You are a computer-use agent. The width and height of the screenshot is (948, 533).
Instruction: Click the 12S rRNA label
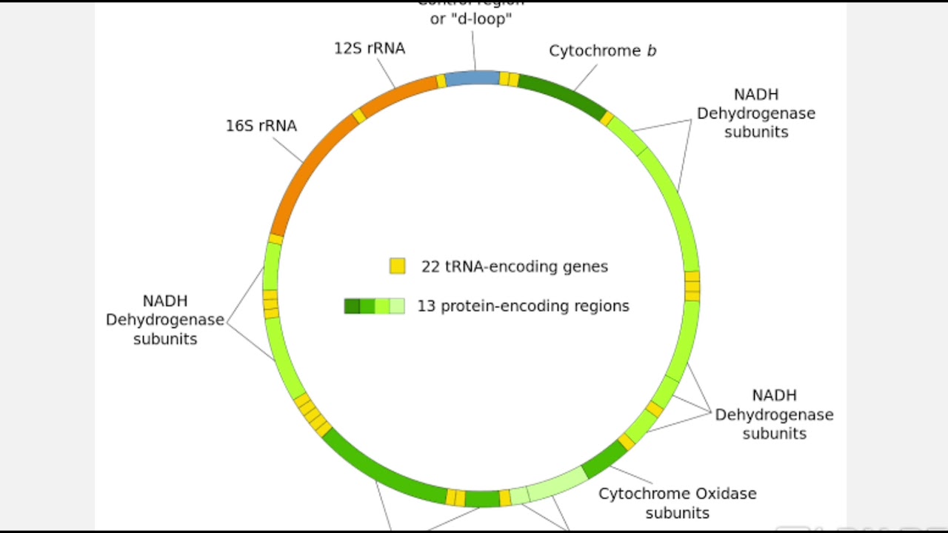[x=369, y=49]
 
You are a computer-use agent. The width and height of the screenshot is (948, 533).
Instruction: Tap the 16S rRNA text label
[x=261, y=126]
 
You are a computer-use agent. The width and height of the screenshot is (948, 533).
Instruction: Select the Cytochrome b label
[x=602, y=51]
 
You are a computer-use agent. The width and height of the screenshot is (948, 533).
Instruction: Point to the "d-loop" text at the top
[x=471, y=19]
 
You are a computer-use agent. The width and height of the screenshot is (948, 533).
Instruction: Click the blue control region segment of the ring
[x=472, y=78]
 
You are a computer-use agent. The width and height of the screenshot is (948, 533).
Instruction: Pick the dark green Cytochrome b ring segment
[x=563, y=96]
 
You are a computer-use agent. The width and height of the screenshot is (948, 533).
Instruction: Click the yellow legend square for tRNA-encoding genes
[x=398, y=266]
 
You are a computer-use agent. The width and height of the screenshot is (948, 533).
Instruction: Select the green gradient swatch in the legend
[x=374, y=306]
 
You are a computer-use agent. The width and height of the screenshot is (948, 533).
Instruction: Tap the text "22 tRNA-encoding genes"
[x=514, y=266]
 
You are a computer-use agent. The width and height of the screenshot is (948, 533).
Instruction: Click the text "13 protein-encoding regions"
[x=523, y=306]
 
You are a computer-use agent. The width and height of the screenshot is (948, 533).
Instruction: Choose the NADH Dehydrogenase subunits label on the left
[x=164, y=320]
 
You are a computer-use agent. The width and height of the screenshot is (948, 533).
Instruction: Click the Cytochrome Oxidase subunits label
[x=677, y=503]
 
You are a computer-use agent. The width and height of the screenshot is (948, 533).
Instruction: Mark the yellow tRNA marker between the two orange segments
[x=359, y=116]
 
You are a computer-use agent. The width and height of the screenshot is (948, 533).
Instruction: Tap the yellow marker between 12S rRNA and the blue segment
[x=441, y=81]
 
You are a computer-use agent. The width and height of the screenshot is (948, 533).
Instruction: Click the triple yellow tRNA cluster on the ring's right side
[x=692, y=286]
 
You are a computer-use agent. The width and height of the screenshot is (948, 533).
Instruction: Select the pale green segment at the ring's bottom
[x=556, y=484]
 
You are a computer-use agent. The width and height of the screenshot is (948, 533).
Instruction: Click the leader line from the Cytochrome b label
[x=584, y=78]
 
